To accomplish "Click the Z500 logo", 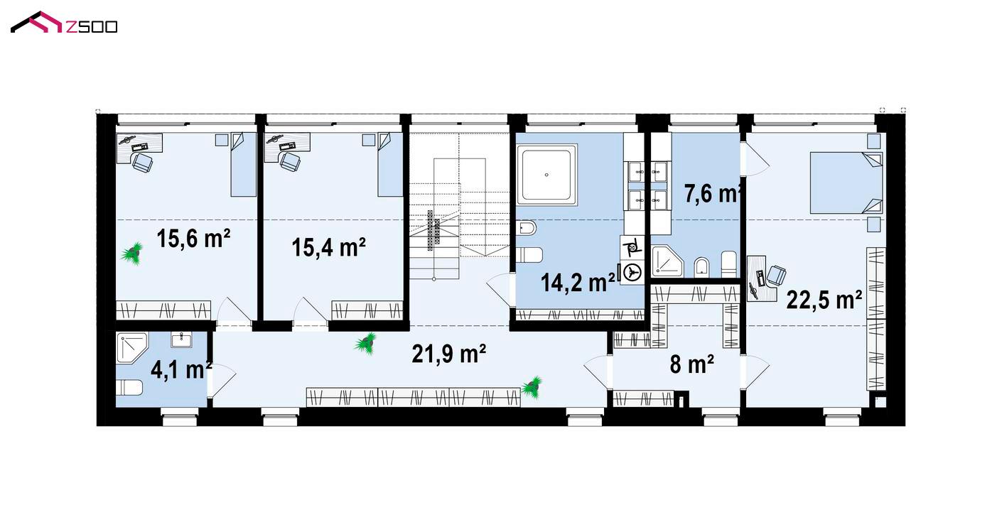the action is tap(64, 22).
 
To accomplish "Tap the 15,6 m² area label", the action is tap(193, 239).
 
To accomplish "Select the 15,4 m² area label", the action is tap(329, 247).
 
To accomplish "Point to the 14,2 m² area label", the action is tap(578, 283).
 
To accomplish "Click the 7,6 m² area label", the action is tap(713, 193).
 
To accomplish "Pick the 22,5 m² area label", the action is tap(824, 300).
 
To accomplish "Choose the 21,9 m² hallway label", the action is tap(448, 354).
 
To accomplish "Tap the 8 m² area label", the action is tap(691, 364).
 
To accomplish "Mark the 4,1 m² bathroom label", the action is tap(181, 370).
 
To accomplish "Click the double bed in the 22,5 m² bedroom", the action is tap(846, 183).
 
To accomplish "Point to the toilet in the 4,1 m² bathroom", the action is tap(129, 388).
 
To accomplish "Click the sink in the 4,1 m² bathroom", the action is tap(182, 340).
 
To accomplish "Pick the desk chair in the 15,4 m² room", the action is tap(289, 161).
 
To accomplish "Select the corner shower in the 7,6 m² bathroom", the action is tap(667, 261).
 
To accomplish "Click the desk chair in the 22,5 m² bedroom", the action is tap(776, 276).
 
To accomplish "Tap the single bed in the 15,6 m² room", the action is tap(244, 164).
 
